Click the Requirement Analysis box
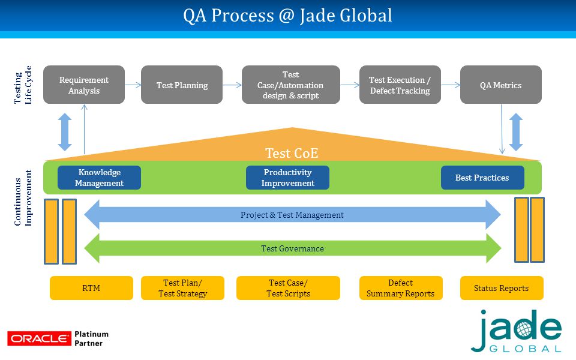pyautogui.click(x=84, y=85)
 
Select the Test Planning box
pyautogui.click(x=182, y=85)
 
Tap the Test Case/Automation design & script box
pyautogui.click(x=291, y=85)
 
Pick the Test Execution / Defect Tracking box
pyautogui.click(x=400, y=85)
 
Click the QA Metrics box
pyautogui.click(x=500, y=85)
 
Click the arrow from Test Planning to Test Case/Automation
pyautogui.click(x=232, y=85)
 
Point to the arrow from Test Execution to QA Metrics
pyautogui.click(x=451, y=85)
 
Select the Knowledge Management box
pyautogui.click(x=99, y=178)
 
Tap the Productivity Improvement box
pyautogui.click(x=287, y=178)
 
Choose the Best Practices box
pyautogui.click(x=482, y=178)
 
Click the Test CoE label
pyautogui.click(x=292, y=153)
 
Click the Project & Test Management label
pyautogui.click(x=292, y=215)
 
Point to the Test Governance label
pyautogui.click(x=292, y=248)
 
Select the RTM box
pyautogui.click(x=91, y=288)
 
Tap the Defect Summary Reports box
pyautogui.click(x=401, y=288)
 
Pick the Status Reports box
pyautogui.click(x=502, y=288)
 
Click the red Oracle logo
pyautogui.click(x=40, y=338)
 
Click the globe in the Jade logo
pyautogui.click(x=524, y=329)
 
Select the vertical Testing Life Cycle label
pyautogui.click(x=23, y=85)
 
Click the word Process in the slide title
pyautogui.click(x=242, y=16)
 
